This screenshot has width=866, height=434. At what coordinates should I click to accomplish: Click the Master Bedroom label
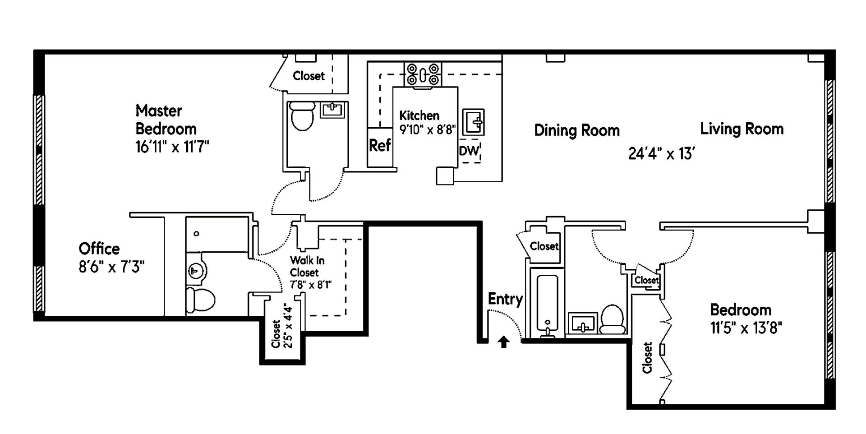166,120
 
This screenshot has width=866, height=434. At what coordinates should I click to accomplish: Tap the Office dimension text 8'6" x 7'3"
111,267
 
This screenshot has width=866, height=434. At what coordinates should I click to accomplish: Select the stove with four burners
423,74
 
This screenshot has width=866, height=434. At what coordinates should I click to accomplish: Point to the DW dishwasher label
469,151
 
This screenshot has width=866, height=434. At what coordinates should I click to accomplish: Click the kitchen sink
473,122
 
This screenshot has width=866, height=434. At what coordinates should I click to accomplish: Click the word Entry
505,299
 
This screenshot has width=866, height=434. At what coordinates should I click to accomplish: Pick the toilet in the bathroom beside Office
201,299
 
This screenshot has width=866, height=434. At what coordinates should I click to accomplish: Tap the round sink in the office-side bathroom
197,271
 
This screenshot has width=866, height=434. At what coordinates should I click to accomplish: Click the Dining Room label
576,130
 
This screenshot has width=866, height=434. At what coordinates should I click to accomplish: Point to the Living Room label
742,129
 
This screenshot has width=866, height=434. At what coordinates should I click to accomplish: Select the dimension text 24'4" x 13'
661,154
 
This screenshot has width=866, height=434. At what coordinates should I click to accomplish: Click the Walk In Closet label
307,266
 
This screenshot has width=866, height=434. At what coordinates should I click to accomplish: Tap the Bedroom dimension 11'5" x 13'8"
746,328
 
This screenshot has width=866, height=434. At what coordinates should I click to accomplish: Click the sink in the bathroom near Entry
582,323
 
